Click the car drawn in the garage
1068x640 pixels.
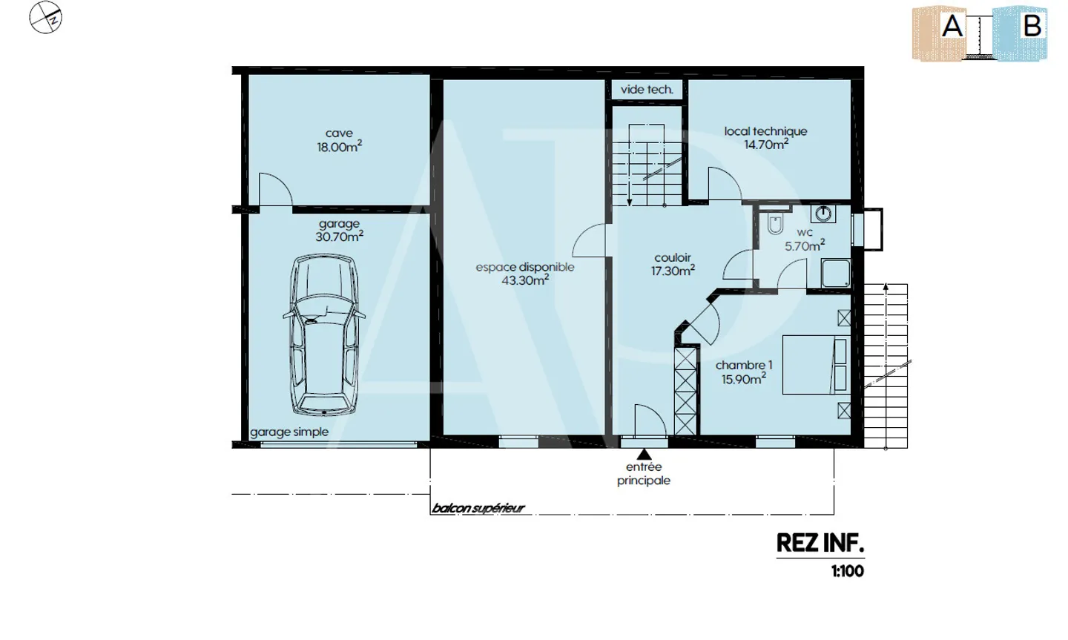point(324,334)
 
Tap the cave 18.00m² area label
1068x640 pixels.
point(340,140)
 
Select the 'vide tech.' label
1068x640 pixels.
point(647,90)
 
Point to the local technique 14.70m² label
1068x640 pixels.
point(765,138)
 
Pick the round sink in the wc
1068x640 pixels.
point(823,214)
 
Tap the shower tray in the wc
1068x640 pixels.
point(836,273)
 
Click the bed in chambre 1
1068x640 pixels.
point(817,365)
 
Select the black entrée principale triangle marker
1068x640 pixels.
point(644,454)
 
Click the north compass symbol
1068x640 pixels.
point(45,18)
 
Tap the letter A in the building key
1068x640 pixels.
point(952,26)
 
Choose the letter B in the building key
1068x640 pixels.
point(1032,26)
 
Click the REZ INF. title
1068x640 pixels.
point(820,543)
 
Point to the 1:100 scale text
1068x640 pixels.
point(848,571)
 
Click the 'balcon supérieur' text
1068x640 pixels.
point(478,509)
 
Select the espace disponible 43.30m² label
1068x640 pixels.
point(525,274)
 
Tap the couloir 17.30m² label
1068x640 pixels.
point(673,264)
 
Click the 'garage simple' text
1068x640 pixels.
point(289,432)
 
